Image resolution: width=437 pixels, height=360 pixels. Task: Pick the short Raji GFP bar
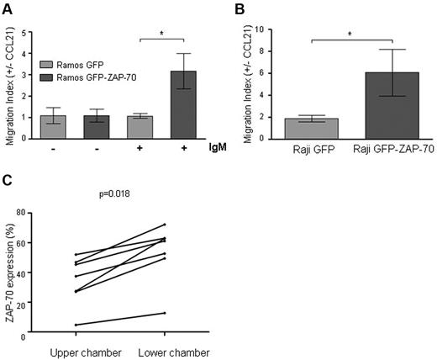coord(300,125)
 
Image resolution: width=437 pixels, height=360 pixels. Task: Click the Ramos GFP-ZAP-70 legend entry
coord(90,77)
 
